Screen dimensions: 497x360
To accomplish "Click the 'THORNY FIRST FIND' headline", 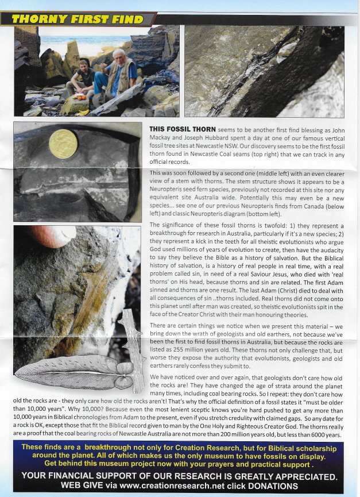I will click(x=78, y=19).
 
